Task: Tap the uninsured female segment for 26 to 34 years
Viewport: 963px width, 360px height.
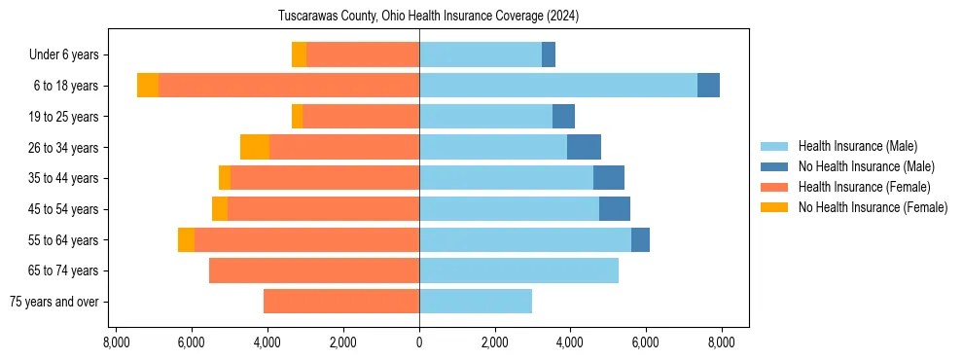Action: pos(255,147)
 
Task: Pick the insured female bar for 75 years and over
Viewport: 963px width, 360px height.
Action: pos(341,302)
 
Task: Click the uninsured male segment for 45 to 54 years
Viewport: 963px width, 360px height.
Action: pos(615,209)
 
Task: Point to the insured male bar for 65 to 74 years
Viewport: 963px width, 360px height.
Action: pos(518,270)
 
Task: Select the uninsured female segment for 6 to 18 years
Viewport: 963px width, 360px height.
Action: pos(148,86)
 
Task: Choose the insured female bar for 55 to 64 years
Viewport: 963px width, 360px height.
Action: pos(306,240)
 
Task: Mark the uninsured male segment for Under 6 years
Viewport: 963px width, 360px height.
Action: pos(549,54)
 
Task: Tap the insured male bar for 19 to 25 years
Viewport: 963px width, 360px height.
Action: pos(485,117)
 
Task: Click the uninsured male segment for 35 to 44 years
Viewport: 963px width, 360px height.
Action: pos(609,178)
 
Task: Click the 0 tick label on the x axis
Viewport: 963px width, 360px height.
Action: pos(419,342)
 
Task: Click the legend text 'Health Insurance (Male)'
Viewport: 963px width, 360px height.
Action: pos(857,147)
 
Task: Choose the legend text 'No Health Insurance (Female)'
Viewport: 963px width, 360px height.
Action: pos(873,207)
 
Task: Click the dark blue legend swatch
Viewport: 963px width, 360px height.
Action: pos(774,167)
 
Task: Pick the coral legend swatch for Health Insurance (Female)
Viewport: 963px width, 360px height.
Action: pos(774,187)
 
